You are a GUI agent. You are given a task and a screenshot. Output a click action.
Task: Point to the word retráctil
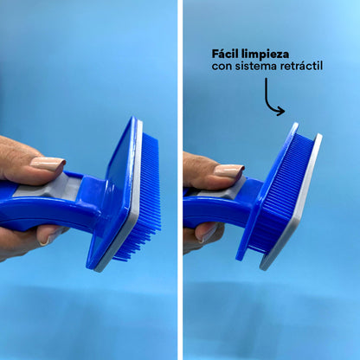(x=301, y=66)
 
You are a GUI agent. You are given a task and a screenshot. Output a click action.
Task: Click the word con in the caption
(x=222, y=67)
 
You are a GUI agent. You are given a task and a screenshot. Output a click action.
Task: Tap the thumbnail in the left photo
(x=48, y=164)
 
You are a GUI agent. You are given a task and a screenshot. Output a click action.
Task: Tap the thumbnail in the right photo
(x=229, y=170)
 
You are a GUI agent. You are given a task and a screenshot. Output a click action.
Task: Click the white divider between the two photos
(x=180, y=180)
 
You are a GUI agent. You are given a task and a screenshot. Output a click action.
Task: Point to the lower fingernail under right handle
(x=207, y=233)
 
